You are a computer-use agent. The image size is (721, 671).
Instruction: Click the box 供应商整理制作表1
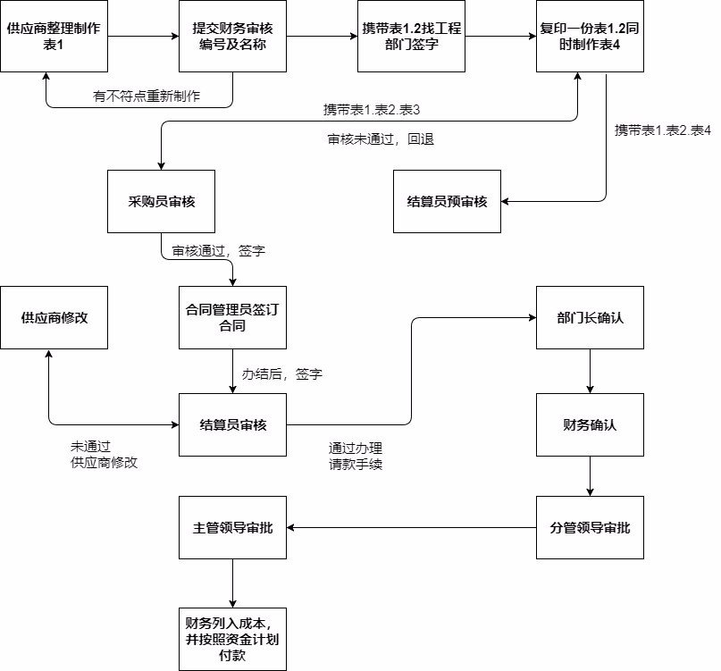click(x=54, y=37)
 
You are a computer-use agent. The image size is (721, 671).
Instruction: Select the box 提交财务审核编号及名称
click(x=232, y=37)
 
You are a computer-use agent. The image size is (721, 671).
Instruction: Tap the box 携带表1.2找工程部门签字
click(x=411, y=37)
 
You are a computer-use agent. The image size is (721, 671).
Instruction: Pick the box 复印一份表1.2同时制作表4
click(x=590, y=37)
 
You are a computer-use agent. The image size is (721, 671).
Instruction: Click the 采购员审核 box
click(x=161, y=201)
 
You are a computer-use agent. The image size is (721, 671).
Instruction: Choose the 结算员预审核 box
click(x=447, y=201)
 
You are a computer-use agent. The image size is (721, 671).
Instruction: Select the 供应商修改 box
click(x=54, y=318)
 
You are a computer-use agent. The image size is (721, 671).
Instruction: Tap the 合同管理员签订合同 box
click(x=232, y=318)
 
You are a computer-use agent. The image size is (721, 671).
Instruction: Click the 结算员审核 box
click(x=232, y=424)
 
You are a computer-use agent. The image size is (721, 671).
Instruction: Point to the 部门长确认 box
click(x=590, y=318)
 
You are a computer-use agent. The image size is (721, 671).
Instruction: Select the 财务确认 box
click(x=590, y=424)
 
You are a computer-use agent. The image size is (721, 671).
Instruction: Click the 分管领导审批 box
click(x=590, y=527)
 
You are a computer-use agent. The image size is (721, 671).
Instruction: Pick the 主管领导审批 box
click(x=232, y=527)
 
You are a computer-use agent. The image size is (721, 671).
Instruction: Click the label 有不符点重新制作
click(x=147, y=96)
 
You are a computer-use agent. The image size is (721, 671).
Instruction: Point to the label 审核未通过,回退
click(x=381, y=140)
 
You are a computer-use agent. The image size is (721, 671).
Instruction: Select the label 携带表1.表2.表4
click(x=663, y=131)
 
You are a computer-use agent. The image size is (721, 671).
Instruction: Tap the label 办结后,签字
click(x=282, y=373)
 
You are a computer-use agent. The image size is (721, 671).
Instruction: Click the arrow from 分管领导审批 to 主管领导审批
click(x=411, y=527)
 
